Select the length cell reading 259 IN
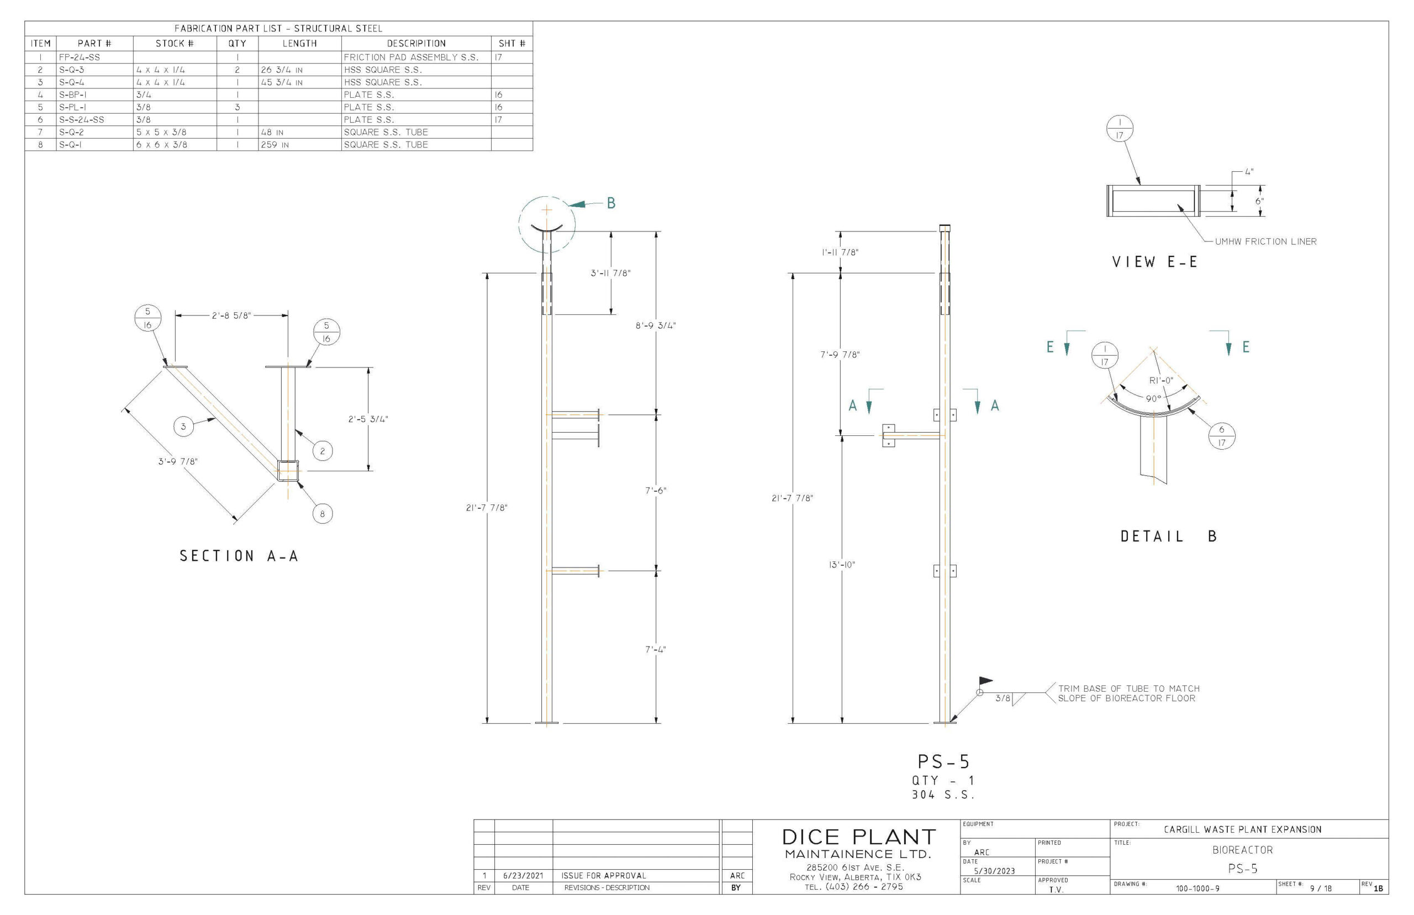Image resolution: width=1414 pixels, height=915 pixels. pos(275,144)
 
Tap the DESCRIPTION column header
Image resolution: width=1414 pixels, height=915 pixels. pos(416,43)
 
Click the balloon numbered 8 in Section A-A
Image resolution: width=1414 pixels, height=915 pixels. pos(323,514)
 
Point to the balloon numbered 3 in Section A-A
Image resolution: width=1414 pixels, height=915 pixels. pos(183,426)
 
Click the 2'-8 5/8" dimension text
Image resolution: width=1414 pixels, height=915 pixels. pos(231,315)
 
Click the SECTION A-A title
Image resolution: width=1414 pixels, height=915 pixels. pos(239,556)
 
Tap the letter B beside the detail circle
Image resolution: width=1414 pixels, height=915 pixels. pos(611,203)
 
